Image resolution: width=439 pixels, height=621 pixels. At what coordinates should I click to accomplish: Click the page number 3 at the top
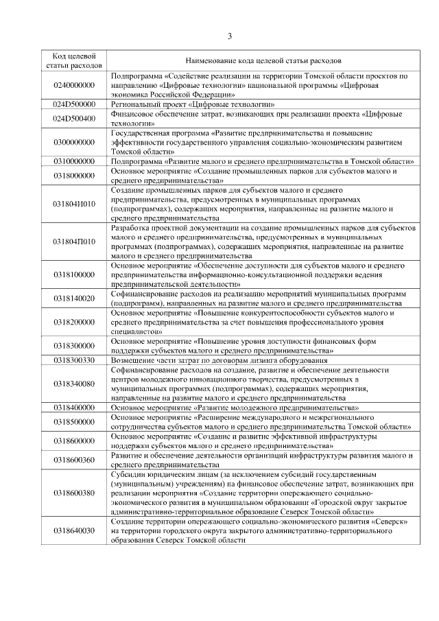(230, 36)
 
